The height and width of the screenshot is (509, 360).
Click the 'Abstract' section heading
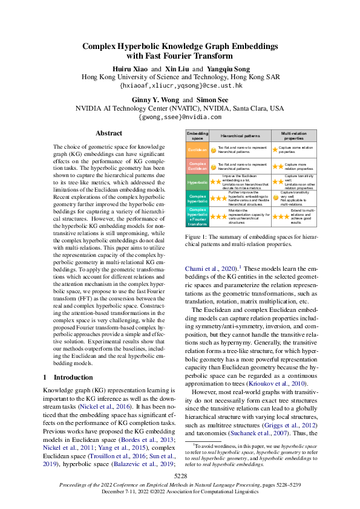pyautogui.click(x=109, y=134)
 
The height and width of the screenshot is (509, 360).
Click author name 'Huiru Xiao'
pyautogui.click(x=128, y=69)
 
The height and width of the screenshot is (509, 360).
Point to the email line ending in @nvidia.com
pyautogui.click(x=180, y=117)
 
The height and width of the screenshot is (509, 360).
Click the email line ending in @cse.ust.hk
pyautogui.click(x=180, y=86)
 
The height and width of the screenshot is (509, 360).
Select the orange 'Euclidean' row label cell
pyautogui.click(x=197, y=149)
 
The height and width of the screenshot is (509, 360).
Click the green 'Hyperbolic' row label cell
pyautogui.click(x=197, y=181)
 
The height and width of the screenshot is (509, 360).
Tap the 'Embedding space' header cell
pyautogui.click(x=197, y=136)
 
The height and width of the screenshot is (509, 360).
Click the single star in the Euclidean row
pyautogui.click(x=275, y=149)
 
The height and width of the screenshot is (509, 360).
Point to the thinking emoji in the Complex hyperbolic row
pyautogui.click(x=275, y=197)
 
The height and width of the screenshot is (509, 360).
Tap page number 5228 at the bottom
pyautogui.click(x=180, y=476)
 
